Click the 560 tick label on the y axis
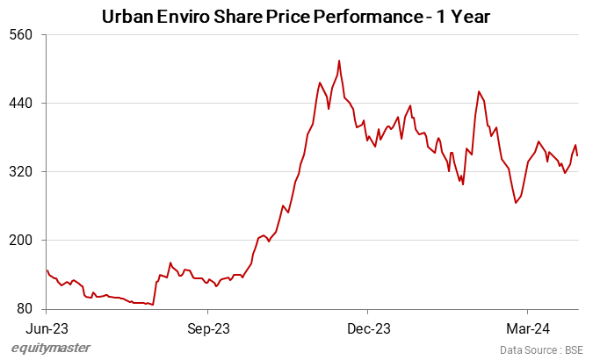tap(20, 35)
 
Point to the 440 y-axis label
tap(20, 104)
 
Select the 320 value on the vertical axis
tap(20, 172)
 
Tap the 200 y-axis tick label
tap(20, 241)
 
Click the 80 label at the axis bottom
tap(24, 309)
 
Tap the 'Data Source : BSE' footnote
tap(541, 349)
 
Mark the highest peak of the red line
tap(339, 61)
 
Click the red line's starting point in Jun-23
tap(47, 270)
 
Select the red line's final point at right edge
tap(577, 155)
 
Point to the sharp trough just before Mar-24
tap(516, 203)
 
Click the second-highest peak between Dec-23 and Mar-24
tap(479, 91)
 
